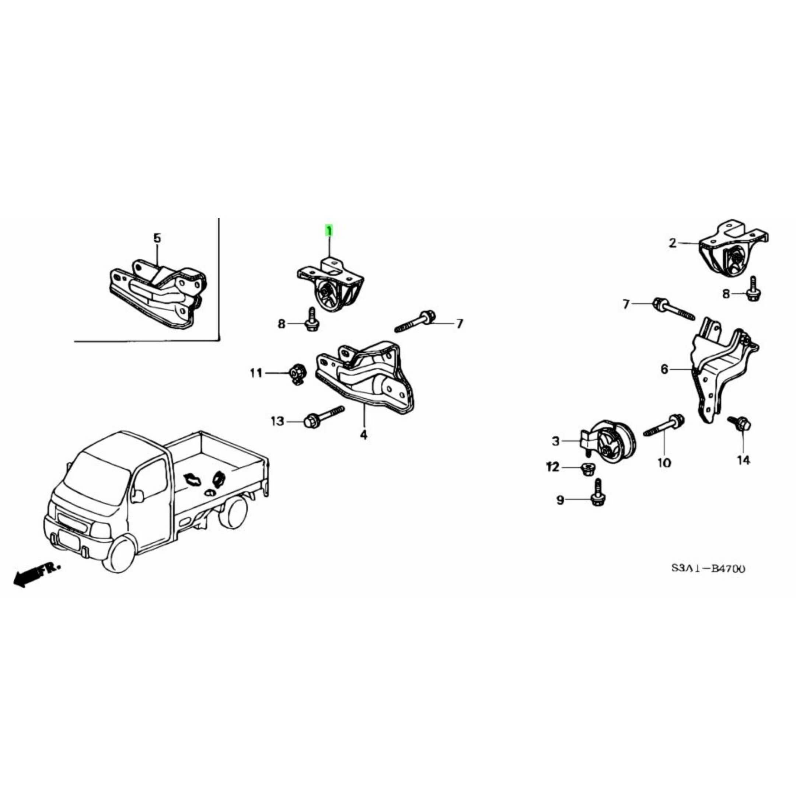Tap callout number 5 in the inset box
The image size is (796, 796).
(x=157, y=238)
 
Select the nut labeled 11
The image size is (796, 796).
(x=297, y=373)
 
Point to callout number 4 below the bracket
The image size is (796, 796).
(x=363, y=435)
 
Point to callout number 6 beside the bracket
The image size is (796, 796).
(x=664, y=370)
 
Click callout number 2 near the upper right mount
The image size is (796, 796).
(x=673, y=244)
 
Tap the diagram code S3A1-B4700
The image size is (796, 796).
(x=708, y=569)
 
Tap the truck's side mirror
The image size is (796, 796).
(x=137, y=496)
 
